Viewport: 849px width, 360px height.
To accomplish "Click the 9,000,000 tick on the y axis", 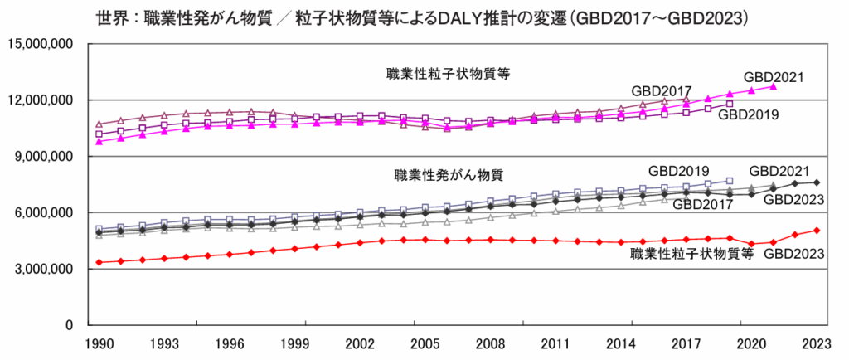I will (x=42, y=156).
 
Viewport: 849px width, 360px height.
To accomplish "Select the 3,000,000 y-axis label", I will (x=42, y=269).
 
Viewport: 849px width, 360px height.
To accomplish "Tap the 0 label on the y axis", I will (x=70, y=325).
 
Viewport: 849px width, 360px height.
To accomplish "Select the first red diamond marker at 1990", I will (x=99, y=262).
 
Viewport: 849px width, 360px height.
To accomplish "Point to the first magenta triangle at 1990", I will (x=99, y=141).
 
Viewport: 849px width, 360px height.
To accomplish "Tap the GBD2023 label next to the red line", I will (x=794, y=254).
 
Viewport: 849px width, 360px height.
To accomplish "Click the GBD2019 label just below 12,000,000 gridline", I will (x=749, y=114).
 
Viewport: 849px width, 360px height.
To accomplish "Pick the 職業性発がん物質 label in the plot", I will (x=449, y=176).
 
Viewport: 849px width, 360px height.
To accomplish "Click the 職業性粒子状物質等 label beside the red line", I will (x=691, y=254).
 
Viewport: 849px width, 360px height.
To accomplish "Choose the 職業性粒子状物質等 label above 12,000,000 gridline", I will (x=449, y=73).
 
